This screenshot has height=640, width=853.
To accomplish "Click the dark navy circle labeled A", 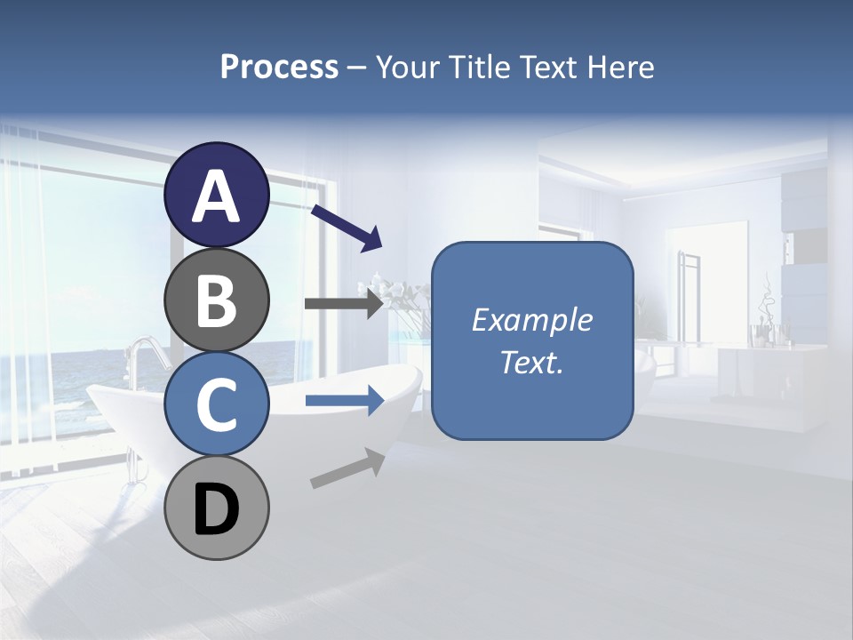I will click(x=216, y=195).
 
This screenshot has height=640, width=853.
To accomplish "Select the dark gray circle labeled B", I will click(x=216, y=300).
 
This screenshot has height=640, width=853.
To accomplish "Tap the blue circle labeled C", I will click(x=216, y=404).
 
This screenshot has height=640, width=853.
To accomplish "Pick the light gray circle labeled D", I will click(x=216, y=508).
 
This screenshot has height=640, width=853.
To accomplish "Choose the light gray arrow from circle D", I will click(x=347, y=468).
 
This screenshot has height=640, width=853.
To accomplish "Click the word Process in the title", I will click(x=279, y=67).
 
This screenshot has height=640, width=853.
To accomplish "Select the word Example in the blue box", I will click(x=531, y=320).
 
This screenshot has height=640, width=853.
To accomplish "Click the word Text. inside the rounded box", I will click(x=531, y=362).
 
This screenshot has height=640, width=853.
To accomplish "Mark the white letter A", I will click(x=216, y=196).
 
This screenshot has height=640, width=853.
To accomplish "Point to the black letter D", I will click(x=216, y=509).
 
